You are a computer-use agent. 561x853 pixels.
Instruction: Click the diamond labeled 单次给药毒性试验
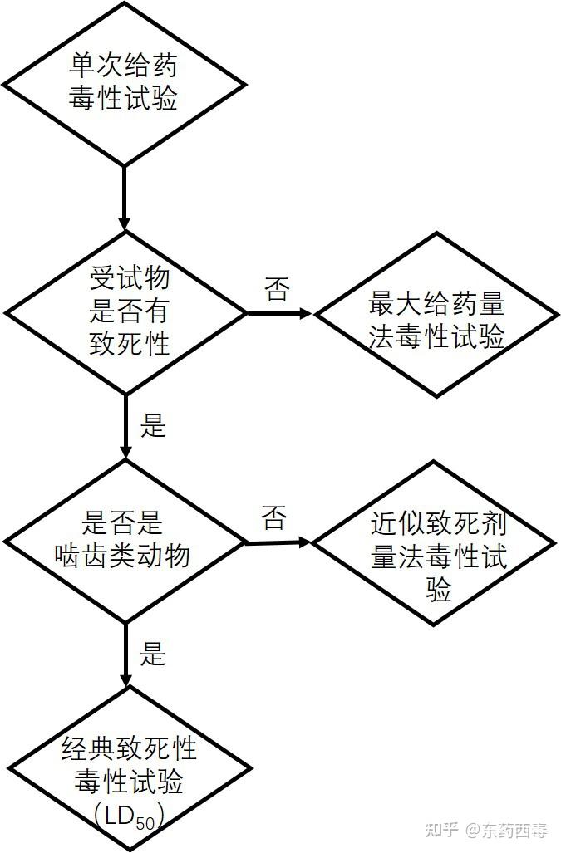pyautogui.click(x=124, y=82)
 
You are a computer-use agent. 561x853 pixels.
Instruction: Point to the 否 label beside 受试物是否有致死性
pyautogui.click(x=277, y=290)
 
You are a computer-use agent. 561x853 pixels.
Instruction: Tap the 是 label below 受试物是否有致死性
pyautogui.click(x=154, y=426)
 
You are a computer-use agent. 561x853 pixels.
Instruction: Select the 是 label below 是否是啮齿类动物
pyautogui.click(x=154, y=654)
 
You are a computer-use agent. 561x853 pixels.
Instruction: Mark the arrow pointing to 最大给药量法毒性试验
pyautogui.click(x=278, y=314)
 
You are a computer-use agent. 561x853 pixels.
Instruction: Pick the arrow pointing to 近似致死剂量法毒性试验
pyautogui.click(x=278, y=543)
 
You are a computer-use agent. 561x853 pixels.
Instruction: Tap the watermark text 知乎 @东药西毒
pyautogui.click(x=486, y=829)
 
